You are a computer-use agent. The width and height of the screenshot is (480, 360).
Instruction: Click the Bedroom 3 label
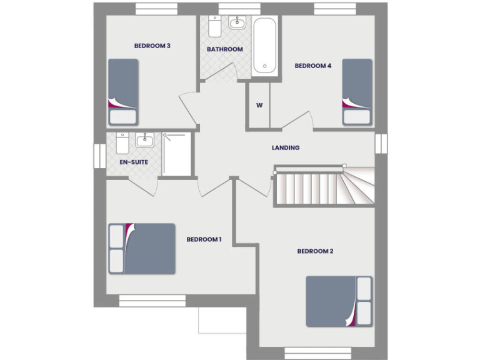(152, 46)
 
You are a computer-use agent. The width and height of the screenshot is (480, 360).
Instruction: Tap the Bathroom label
(225, 49)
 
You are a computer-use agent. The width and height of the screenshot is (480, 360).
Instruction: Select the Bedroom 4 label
(312, 66)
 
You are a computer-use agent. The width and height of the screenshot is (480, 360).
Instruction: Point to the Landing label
(286, 148)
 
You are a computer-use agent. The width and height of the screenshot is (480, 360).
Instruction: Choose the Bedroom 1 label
(204, 239)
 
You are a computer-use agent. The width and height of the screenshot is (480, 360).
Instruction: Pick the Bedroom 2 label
(315, 251)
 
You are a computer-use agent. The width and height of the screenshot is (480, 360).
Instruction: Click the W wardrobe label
(259, 105)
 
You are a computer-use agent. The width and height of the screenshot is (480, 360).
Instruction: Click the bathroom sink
(237, 24)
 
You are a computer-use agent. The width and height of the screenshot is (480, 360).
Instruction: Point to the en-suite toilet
(122, 144)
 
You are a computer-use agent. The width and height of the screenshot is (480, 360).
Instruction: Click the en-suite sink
(144, 140)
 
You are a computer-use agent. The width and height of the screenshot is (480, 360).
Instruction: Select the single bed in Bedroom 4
(357, 92)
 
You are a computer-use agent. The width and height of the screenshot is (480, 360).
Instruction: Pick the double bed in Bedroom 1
(142, 248)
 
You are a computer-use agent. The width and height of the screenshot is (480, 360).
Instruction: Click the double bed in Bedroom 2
(339, 301)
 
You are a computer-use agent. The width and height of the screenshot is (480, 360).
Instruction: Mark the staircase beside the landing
(324, 186)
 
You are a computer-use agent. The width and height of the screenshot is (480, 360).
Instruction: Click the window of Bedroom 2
(310, 353)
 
